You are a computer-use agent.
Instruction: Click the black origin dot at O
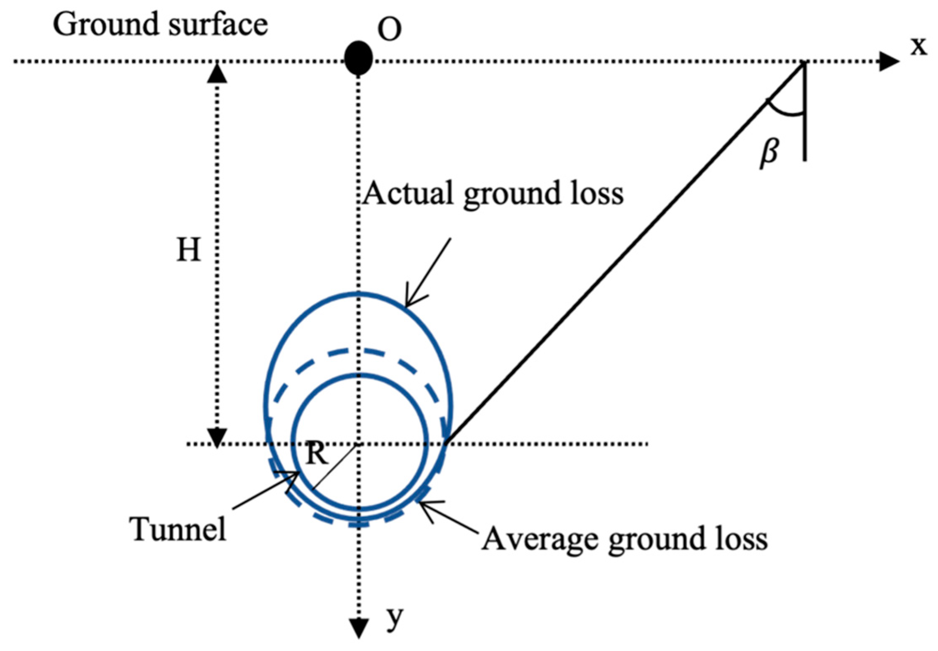(358, 58)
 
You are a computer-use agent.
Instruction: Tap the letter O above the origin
(389, 30)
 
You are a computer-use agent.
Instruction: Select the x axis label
(919, 45)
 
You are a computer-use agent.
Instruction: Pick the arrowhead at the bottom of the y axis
(359, 628)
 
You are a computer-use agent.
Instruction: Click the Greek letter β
(769, 153)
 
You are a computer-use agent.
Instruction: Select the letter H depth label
(189, 250)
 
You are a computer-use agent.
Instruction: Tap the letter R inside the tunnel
(317, 454)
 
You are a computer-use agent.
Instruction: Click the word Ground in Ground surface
(106, 25)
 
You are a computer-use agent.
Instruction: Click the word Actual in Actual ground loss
(408, 193)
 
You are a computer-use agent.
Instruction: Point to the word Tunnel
(177, 529)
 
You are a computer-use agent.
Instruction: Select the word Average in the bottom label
(540, 539)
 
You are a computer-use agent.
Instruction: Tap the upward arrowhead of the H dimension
(217, 74)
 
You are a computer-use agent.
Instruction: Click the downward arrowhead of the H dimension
(217, 437)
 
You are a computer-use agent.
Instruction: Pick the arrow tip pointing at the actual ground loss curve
(406, 306)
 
